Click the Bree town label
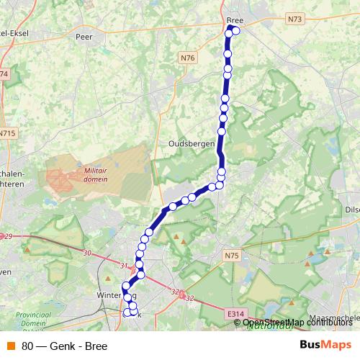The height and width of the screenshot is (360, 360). tap(235, 20)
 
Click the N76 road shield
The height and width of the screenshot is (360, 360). tap(188, 57)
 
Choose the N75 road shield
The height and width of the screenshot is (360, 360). tap(231, 254)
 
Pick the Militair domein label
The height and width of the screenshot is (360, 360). tap(95, 174)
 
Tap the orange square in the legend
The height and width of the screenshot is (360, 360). tap(11, 346)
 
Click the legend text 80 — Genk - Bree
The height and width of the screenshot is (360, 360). tap(64, 346)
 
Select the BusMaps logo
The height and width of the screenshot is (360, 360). tap(325, 346)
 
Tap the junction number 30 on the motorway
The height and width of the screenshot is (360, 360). tap(87, 253)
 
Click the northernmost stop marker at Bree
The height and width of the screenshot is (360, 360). tap(230, 29)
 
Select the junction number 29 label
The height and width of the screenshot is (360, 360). tap(9, 237)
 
